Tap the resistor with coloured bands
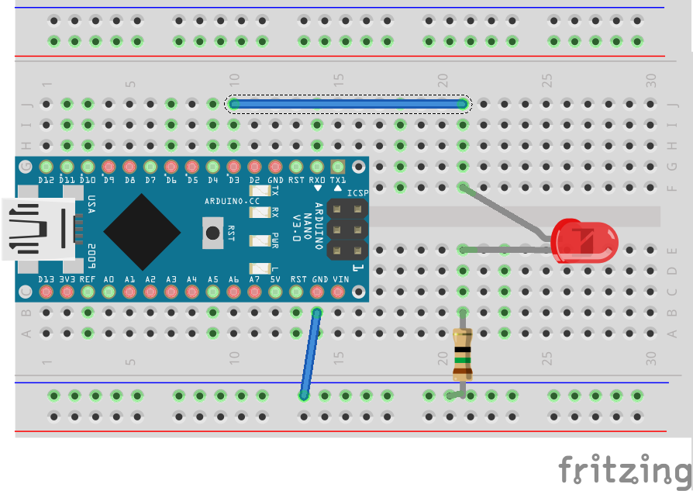click(462, 353)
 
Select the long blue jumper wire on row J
click(347, 103)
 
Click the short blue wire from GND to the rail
click(310, 353)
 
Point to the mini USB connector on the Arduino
click(39, 229)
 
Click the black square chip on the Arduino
click(142, 230)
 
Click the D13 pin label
click(46, 278)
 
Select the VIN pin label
click(338, 278)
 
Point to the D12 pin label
click(46, 180)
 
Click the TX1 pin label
click(338, 180)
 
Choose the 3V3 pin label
click(67, 278)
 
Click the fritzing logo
click(624, 469)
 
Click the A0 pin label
click(109, 278)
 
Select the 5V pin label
click(275, 278)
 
